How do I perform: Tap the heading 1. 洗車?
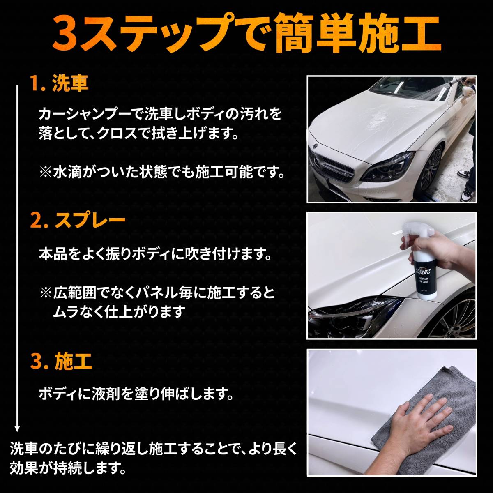coord(60,84)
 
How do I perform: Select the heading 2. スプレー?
coord(78,220)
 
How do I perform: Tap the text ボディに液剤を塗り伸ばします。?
coord(136,395)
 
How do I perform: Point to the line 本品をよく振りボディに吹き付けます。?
coord(155,255)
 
